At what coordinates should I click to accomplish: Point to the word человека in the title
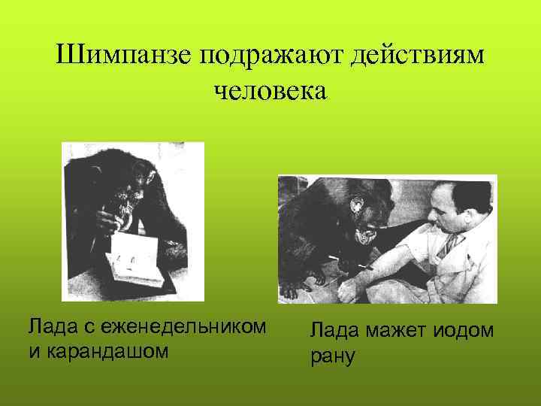(270, 91)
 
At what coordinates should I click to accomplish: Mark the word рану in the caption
(333, 355)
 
